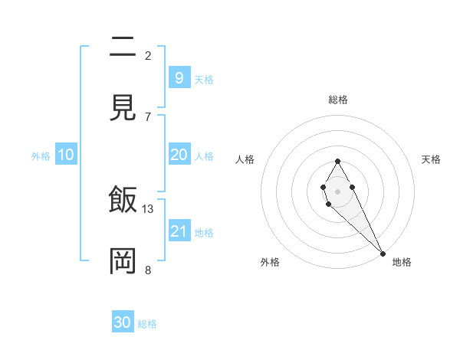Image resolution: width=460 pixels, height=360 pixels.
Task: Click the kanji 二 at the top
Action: [x=123, y=47]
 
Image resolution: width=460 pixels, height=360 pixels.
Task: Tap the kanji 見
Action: [x=123, y=106]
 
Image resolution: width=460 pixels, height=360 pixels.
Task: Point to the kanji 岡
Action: [x=123, y=260]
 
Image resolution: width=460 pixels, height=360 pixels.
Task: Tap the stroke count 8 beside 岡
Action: [x=148, y=269]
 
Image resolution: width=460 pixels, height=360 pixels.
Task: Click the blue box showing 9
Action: [x=179, y=77]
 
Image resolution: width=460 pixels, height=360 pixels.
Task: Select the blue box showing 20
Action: [x=179, y=155]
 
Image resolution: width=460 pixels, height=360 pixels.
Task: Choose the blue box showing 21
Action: [x=179, y=231]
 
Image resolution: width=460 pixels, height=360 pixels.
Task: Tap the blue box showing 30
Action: [x=123, y=322]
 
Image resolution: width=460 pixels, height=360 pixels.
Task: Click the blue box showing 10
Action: [x=66, y=155]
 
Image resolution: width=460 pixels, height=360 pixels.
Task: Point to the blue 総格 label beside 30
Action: [x=147, y=324]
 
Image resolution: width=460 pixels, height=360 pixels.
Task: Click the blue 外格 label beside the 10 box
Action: [x=41, y=156]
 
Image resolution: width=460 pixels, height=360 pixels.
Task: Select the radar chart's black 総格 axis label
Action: [x=337, y=100]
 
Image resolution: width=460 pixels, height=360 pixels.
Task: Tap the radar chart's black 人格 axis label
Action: [x=245, y=159]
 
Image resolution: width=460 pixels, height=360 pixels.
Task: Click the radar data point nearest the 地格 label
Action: [x=383, y=253]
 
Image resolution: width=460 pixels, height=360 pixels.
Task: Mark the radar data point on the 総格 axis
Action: [x=337, y=161]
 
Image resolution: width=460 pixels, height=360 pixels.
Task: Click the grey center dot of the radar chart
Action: [x=337, y=190]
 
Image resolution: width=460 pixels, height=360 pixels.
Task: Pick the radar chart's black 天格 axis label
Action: [x=431, y=159]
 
